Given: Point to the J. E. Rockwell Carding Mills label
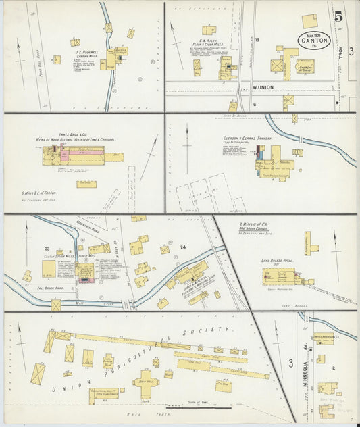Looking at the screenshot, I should point(86,53).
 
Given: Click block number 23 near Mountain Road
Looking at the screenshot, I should point(48,249).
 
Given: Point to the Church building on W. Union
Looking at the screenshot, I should point(305,66).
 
